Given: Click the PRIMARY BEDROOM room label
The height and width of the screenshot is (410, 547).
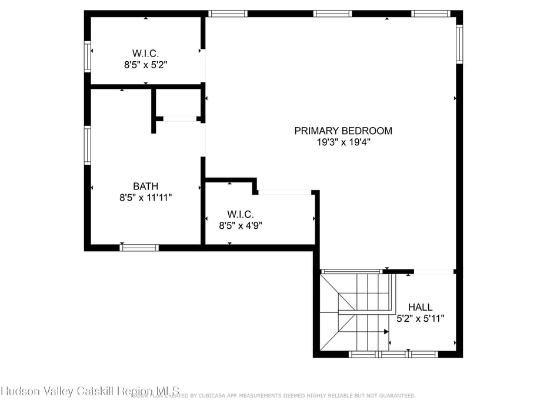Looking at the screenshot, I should pyautogui.click(x=343, y=131).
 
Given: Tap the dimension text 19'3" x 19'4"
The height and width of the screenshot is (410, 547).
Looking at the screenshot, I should pyautogui.click(x=343, y=142).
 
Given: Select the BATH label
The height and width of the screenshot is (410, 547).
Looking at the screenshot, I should pyautogui.click(x=145, y=186).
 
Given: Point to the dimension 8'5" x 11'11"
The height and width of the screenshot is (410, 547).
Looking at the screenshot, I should pyautogui.click(x=145, y=198).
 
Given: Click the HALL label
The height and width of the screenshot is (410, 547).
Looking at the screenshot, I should pyautogui.click(x=420, y=307).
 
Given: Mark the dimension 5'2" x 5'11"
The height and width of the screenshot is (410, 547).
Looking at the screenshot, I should pyautogui.click(x=420, y=318).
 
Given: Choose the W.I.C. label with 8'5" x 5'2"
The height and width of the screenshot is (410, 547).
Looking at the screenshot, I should pyautogui.click(x=145, y=53).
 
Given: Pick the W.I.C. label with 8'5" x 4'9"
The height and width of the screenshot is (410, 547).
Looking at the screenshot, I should pyautogui.click(x=241, y=214).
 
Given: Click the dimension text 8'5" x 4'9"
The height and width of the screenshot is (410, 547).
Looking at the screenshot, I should pyautogui.click(x=241, y=225).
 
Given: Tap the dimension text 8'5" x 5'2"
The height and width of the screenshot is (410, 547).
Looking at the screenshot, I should pyautogui.click(x=145, y=65).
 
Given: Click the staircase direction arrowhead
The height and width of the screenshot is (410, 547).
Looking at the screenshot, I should pyautogui.click(x=386, y=332).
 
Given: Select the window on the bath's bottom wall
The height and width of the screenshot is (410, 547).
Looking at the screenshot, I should pyautogui.click(x=139, y=248).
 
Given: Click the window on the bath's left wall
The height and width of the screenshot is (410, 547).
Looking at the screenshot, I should pyautogui.click(x=88, y=145).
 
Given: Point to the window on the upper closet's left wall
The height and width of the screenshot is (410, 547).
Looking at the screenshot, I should pyautogui.click(x=88, y=56).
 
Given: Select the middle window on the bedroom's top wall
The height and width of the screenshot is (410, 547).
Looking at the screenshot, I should pyautogui.click(x=332, y=14).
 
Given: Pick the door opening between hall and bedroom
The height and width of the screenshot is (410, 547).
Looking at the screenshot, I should pyautogui.click(x=434, y=271).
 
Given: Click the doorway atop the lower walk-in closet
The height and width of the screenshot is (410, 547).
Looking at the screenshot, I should pyautogui.click(x=285, y=192).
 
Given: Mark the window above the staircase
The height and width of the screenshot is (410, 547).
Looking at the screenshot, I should pyautogui.click(x=351, y=271).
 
